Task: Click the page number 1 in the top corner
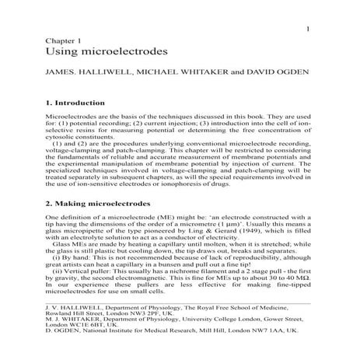click(x=309, y=30)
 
